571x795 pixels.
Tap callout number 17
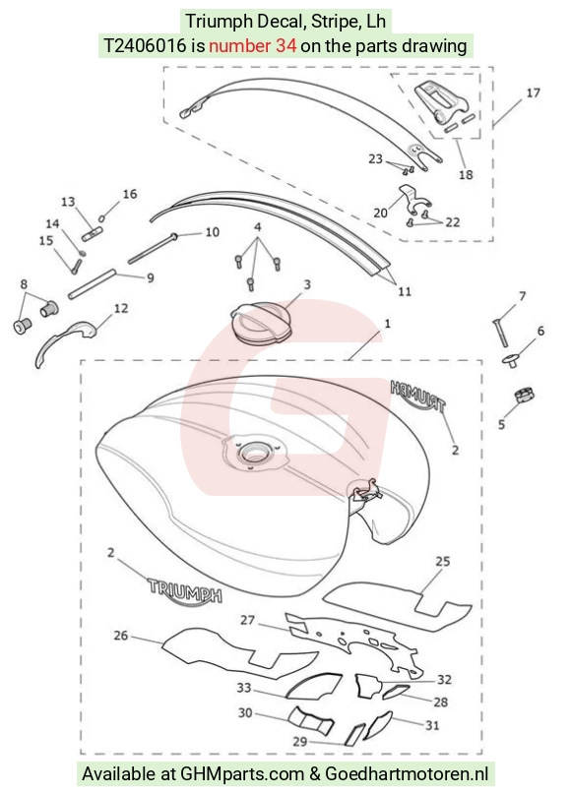coord(533,92)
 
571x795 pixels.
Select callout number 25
coord(443,561)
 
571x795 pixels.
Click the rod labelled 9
coord(93,285)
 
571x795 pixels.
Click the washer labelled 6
coord(512,361)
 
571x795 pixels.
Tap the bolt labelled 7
coord(499,333)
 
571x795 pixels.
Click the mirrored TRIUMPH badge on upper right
coord(418,396)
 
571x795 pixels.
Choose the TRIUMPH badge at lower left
coord(184,589)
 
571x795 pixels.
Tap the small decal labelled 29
coord(354,734)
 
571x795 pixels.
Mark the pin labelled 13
coord(93,236)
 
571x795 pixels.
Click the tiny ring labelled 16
coord(102,218)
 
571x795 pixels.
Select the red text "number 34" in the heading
coord(253,46)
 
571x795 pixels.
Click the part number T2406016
coord(145,46)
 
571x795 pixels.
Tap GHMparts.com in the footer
coord(244,774)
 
